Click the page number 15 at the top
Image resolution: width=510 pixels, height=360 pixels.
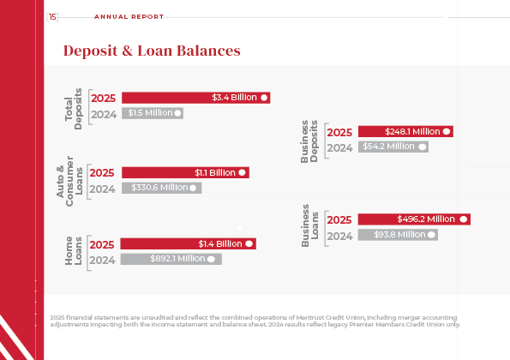(x=53, y=16)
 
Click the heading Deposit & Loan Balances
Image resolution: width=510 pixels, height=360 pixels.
(x=152, y=51)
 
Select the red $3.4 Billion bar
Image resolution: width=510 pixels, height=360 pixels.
(x=196, y=98)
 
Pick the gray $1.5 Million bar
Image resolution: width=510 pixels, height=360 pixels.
(x=153, y=112)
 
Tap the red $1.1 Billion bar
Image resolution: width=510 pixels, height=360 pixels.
(x=185, y=172)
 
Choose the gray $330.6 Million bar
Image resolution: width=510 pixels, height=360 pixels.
(x=161, y=188)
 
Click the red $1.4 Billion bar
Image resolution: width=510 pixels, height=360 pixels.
(x=189, y=243)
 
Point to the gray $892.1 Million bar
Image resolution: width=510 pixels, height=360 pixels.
(x=171, y=258)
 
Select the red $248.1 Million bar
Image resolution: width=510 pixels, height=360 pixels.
(x=405, y=132)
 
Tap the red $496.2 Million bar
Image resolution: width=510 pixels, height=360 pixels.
(x=414, y=219)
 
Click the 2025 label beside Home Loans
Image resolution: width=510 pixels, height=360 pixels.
(x=103, y=244)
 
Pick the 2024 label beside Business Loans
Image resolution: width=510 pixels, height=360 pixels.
(x=339, y=235)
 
